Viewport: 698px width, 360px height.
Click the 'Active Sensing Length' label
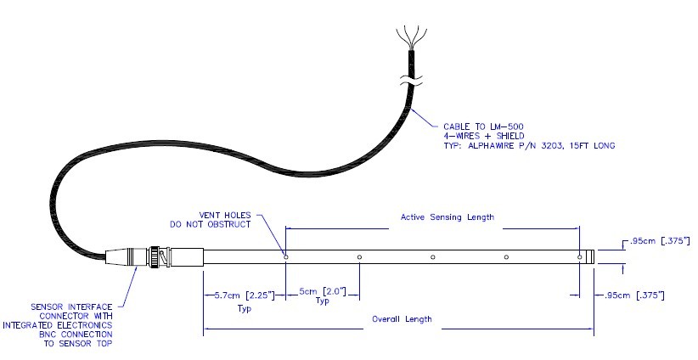pos(447,217)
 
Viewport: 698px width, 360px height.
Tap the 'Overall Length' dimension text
pos(402,319)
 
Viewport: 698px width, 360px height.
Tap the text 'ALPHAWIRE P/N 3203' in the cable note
pos(529,146)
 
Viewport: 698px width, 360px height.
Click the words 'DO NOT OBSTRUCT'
pos(220,224)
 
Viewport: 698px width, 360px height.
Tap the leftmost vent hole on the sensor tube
pos(286,256)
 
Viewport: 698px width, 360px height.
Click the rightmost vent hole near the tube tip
pos(580,256)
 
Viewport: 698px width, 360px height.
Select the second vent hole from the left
pos(360,256)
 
